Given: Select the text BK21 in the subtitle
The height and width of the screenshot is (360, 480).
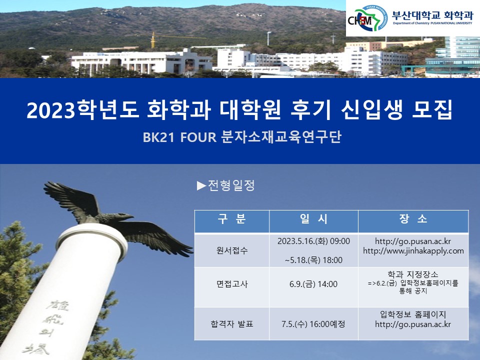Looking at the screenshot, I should click(x=158, y=137).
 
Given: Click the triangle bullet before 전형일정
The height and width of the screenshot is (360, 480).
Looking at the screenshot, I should click(x=201, y=186).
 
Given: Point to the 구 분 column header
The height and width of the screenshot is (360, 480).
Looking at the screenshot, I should click(x=232, y=219).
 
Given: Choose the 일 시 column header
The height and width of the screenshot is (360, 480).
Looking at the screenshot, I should click(x=313, y=219).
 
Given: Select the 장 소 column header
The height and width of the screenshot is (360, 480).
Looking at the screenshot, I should click(x=413, y=219).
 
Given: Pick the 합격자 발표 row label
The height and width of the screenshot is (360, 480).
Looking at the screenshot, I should click(x=232, y=323).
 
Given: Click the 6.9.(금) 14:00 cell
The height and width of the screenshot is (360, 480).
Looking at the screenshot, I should click(x=313, y=284).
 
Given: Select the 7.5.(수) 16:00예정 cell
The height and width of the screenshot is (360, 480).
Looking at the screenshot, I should click(x=313, y=323).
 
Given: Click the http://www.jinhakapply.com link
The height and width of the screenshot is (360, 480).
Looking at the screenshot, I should click(x=413, y=250).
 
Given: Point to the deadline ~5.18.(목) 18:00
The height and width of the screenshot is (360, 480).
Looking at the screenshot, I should click(x=313, y=260).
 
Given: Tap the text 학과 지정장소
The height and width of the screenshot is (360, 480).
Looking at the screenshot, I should click(x=413, y=274).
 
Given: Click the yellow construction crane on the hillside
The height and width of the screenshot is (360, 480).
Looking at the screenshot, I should click(x=153, y=40).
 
